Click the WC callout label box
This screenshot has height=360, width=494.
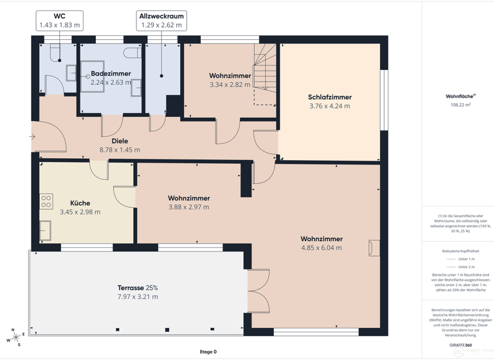59,21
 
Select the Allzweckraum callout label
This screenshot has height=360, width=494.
161,21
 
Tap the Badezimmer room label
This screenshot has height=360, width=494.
111,73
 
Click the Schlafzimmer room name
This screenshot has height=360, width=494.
329,97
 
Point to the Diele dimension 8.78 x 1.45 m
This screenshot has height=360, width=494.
120,150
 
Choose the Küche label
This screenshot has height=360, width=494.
80,203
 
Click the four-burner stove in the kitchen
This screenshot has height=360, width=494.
46,201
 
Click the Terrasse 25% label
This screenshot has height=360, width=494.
137,287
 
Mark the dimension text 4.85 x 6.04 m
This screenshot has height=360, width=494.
321,248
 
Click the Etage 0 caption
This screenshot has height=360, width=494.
208,352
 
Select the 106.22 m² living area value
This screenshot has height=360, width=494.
461,104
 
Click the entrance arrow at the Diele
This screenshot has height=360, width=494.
32,136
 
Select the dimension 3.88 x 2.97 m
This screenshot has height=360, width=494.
188,207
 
